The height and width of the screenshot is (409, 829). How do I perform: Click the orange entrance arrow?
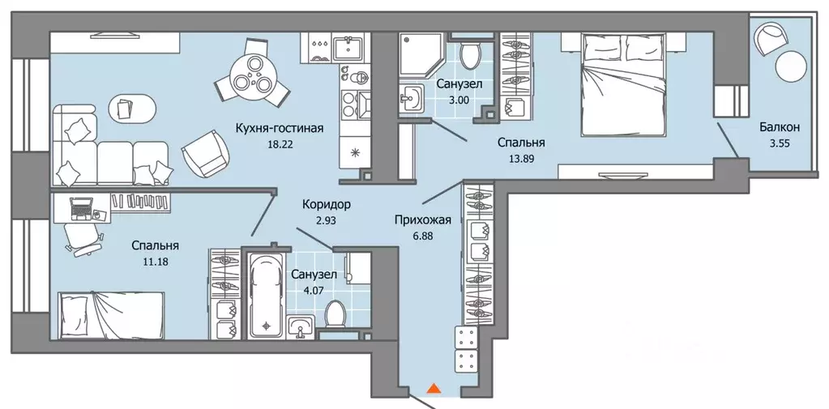tap(434, 390)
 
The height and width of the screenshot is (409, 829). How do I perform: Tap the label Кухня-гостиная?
tap(280, 127)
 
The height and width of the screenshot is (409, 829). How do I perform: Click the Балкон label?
tap(780, 127)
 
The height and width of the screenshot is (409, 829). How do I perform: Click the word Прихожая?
tap(422, 219)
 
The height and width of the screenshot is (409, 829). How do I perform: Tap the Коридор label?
tap(327, 205)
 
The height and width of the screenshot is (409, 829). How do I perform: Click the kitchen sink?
tap(351, 48)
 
